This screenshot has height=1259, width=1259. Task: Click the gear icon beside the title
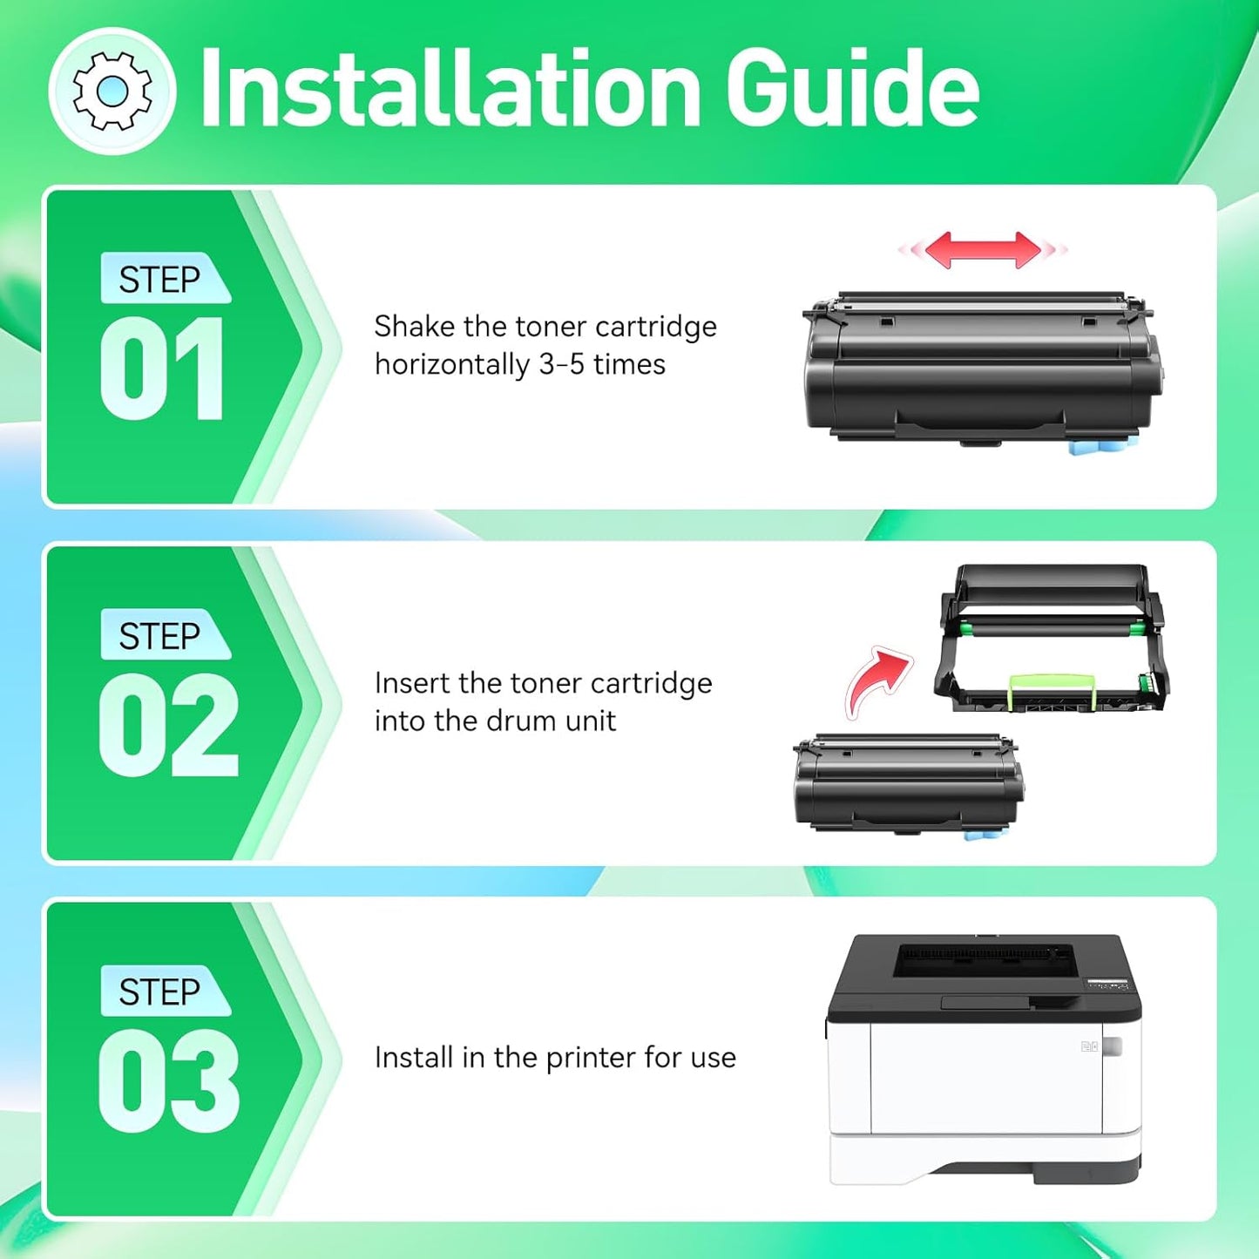click(x=112, y=91)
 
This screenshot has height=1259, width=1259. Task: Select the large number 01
click(x=163, y=369)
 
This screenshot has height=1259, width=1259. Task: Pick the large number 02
click(x=168, y=726)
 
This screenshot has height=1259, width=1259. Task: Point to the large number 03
click(x=168, y=1081)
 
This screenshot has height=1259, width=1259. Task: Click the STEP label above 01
click(x=160, y=280)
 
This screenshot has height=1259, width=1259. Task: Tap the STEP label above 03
click(x=160, y=992)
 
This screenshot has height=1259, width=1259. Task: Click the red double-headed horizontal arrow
click(x=983, y=250)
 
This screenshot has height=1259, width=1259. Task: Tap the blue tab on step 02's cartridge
click(x=982, y=835)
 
